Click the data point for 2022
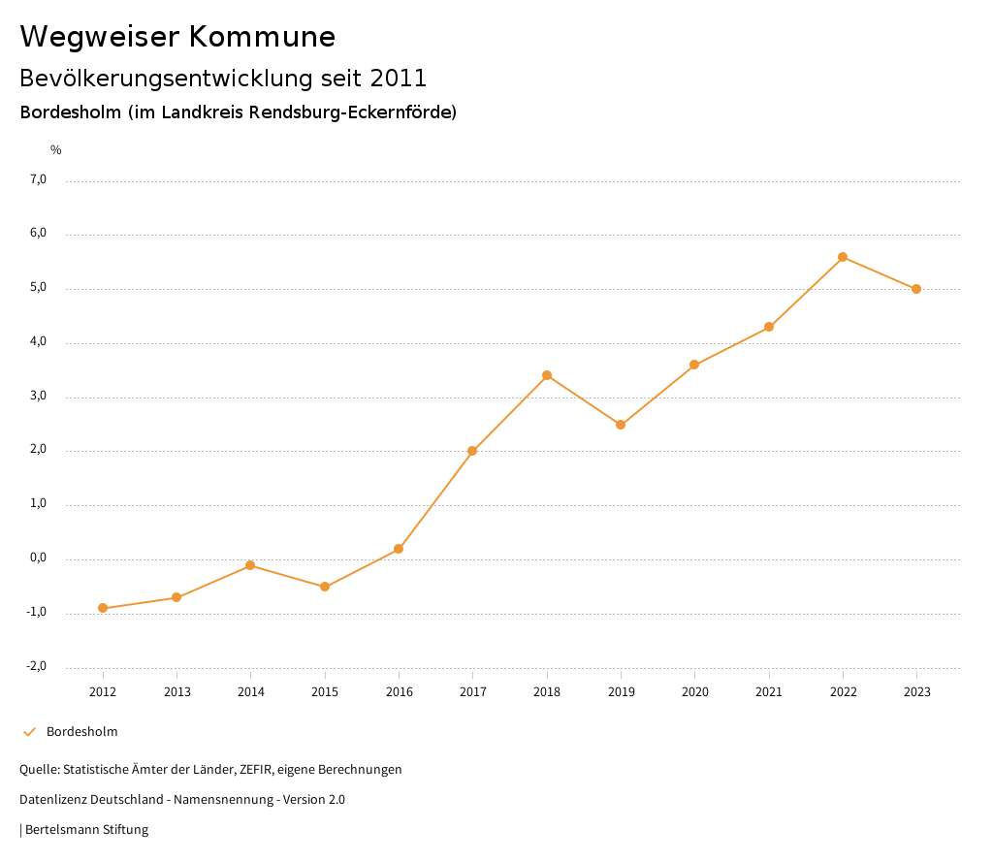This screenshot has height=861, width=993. point(843,257)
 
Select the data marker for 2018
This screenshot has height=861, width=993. point(547,375)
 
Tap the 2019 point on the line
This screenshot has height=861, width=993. point(621,425)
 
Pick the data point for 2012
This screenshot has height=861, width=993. point(103,608)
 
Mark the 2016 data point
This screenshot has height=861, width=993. point(399,549)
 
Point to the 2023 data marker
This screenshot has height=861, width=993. point(916,289)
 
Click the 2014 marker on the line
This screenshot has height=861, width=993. point(250,565)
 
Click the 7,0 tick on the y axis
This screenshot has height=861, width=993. point(39,179)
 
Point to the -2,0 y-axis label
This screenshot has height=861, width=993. point(37,666)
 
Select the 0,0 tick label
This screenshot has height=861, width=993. point(39,558)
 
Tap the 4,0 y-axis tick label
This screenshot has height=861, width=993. point(39,342)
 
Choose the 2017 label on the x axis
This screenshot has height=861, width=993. point(473,691)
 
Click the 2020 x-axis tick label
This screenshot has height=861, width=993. point(695,691)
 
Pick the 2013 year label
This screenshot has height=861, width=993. point(176,691)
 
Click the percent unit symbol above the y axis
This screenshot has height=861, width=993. point(56,149)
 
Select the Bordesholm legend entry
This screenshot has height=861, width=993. point(81,731)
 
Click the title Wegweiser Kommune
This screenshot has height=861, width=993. point(177,37)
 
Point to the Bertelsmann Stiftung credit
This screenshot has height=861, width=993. point(86,829)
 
